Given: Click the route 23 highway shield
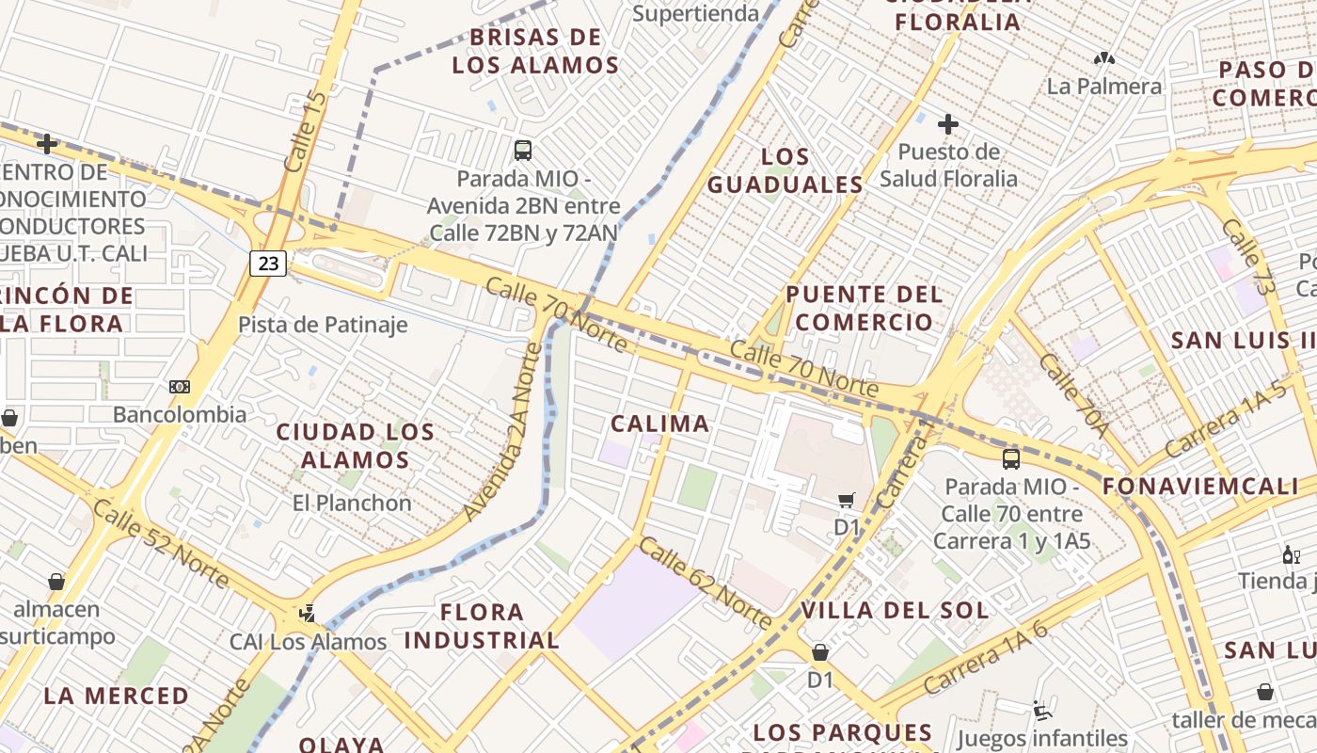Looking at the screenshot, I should (268, 263).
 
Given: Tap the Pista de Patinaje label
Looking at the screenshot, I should (323, 325).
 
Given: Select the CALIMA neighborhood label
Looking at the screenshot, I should (659, 424).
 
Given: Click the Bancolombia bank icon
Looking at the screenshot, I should (179, 387).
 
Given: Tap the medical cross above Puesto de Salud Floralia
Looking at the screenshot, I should (948, 124).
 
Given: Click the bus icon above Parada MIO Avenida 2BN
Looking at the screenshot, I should (523, 150).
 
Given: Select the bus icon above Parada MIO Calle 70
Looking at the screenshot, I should (1011, 459).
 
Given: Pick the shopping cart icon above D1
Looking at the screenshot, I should (847, 500).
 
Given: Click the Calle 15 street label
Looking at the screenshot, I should (305, 132).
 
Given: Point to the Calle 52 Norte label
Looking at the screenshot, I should (161, 544).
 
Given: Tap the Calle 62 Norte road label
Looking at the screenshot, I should (706, 583).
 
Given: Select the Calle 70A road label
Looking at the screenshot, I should (1074, 395).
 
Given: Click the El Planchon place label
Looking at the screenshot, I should (352, 503).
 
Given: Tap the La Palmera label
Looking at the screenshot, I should (1104, 87).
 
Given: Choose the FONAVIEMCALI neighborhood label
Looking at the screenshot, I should (1199, 486).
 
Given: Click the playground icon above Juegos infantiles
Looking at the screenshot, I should (1041, 711).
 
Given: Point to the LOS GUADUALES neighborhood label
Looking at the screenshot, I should (785, 170).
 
